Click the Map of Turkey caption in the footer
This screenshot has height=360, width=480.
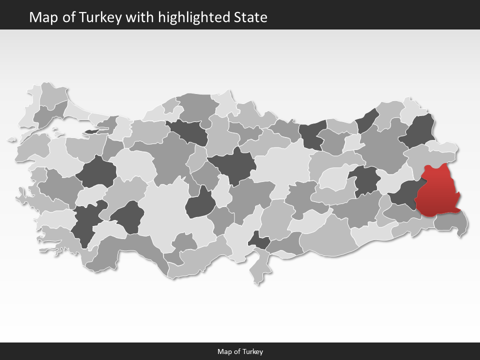[240, 351]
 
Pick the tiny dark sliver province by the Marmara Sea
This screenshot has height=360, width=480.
[92, 131]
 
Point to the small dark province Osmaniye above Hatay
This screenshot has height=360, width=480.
[259, 240]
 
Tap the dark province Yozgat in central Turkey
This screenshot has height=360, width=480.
[232, 165]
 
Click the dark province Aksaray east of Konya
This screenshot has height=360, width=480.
[201, 202]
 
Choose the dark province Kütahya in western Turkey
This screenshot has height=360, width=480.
[96, 172]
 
